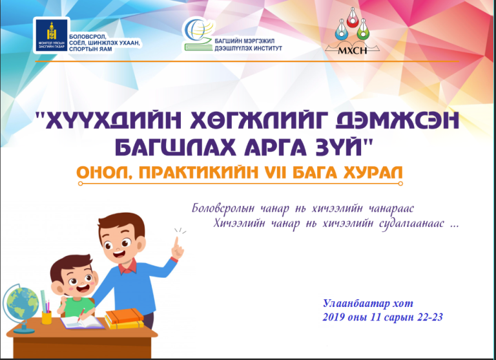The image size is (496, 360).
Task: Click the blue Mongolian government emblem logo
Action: tap(51, 35)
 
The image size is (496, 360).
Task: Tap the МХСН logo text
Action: tap(352, 50)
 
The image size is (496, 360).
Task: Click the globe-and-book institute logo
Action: tap(198, 34)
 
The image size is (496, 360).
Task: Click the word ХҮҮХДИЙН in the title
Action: tap(114, 121)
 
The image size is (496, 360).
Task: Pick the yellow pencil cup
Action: tap(46, 317)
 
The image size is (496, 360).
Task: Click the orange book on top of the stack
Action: tap(124, 315)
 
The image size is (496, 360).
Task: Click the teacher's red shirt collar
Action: tap(128, 266)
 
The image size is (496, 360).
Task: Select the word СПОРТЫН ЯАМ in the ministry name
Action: tap(90, 49)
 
